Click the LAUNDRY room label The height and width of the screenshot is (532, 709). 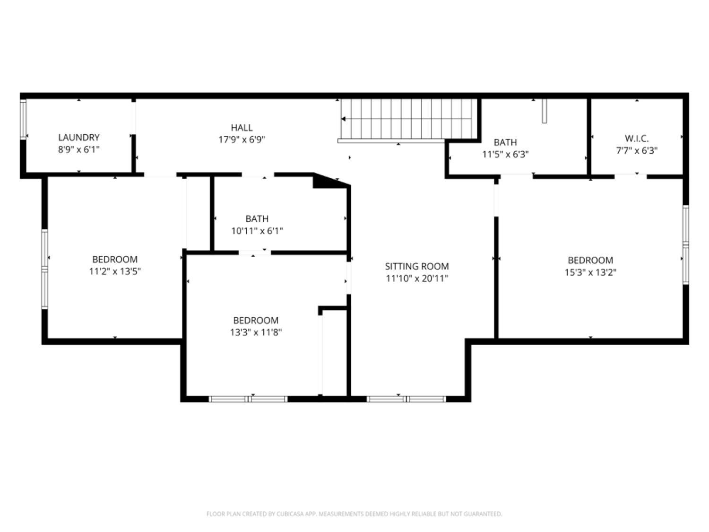tap(78, 138)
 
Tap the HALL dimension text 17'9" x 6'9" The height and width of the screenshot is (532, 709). tap(242, 140)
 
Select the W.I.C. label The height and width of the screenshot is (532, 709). tap(637, 139)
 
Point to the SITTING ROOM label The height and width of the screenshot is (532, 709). tap(416, 266)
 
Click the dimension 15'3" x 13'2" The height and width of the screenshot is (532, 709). tap(590, 272)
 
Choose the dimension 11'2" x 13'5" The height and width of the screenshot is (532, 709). tap(115, 271)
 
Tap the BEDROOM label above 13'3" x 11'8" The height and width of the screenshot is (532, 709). tap(256, 320)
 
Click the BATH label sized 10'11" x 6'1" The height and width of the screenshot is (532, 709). tap(257, 219)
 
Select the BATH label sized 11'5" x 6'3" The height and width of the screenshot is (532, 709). tap(505, 142)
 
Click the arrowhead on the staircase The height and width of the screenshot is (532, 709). tap(344, 119)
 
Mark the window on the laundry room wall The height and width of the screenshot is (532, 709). tap(23, 120)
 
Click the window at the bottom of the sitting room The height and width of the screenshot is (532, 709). tap(406, 399)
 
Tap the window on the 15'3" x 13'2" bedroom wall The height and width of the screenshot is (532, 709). tap(685, 244)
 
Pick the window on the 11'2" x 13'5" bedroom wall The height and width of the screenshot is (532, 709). tap(45, 269)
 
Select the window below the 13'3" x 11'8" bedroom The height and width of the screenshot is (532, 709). tap(248, 399)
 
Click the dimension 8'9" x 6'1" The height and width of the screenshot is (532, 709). tap(78, 150)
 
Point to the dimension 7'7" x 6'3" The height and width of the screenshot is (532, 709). tap(637, 151)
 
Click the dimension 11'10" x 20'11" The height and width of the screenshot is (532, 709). tap(416, 279)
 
